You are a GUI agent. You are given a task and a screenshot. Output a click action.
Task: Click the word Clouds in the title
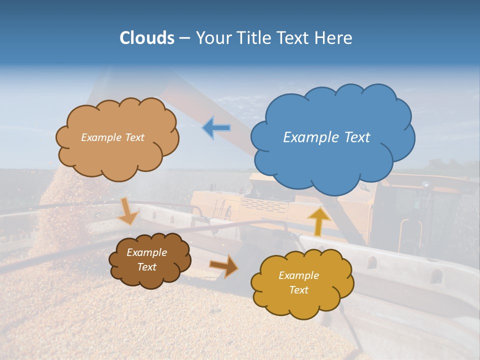point(146,38)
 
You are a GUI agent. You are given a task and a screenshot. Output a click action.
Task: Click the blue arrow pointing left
point(216,128)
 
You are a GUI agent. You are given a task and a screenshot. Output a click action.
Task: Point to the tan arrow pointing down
point(128,211)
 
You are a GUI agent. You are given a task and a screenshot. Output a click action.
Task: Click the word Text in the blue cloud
point(356,137)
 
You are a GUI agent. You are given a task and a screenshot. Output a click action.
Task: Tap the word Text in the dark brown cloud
point(146,267)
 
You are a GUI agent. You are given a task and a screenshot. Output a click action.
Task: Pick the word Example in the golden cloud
point(298,275)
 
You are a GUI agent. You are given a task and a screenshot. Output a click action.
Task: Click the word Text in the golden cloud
point(298,290)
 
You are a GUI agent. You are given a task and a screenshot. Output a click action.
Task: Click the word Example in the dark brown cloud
point(146,252)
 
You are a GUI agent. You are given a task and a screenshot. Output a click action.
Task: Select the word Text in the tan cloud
point(134,137)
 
